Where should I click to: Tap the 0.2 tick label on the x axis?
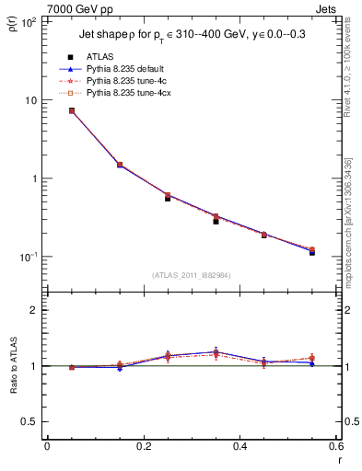[144, 447]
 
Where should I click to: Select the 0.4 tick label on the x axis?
[239, 447]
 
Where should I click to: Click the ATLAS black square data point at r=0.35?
[216, 221]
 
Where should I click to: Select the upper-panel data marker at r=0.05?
[71, 110]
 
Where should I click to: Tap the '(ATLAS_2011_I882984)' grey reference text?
[190, 274]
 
